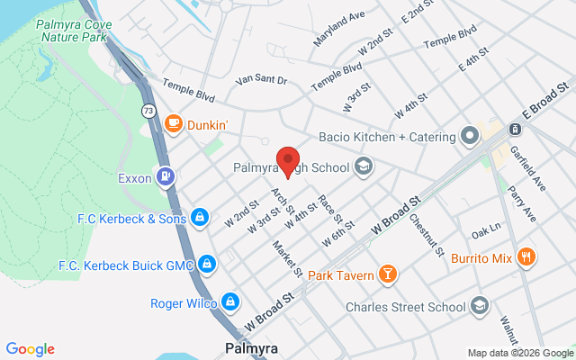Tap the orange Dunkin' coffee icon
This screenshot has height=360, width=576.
[x=173, y=125]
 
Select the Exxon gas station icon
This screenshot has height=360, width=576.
[x=165, y=177]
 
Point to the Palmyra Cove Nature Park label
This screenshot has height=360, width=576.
[x=72, y=31]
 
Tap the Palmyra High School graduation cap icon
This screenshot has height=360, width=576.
[x=363, y=166]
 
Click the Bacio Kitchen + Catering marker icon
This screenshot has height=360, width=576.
[x=469, y=137]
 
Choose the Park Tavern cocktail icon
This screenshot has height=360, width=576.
[x=387, y=274]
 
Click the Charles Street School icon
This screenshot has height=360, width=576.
[x=479, y=306]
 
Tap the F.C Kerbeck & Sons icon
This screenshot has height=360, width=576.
[x=201, y=218]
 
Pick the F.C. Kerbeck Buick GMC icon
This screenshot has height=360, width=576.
[x=207, y=264]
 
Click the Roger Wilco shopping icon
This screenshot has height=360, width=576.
[x=230, y=301]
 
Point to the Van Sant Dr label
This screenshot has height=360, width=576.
[x=260, y=81]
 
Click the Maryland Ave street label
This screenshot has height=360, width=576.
[x=339, y=29]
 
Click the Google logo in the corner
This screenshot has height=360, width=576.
[x=30, y=349]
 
